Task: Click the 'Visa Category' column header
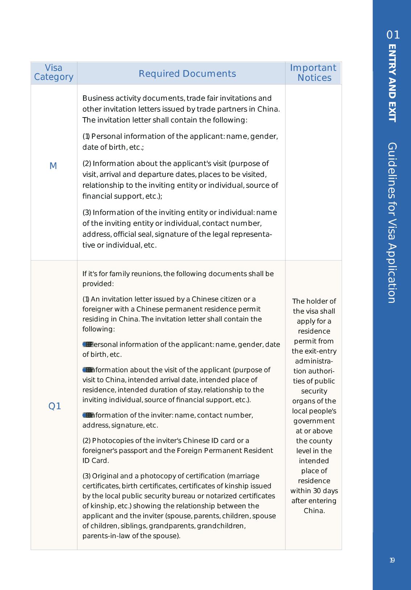[54, 73]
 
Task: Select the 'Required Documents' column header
[187, 74]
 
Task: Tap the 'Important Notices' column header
[313, 73]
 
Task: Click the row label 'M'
[53, 166]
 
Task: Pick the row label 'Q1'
[54, 406]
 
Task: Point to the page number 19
[392, 560]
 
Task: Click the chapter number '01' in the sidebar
[393, 35]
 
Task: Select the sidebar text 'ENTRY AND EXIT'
[392, 83]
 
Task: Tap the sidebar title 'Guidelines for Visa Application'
[392, 223]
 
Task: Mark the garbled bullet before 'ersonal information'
[87, 344]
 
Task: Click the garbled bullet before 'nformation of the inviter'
[87, 415]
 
